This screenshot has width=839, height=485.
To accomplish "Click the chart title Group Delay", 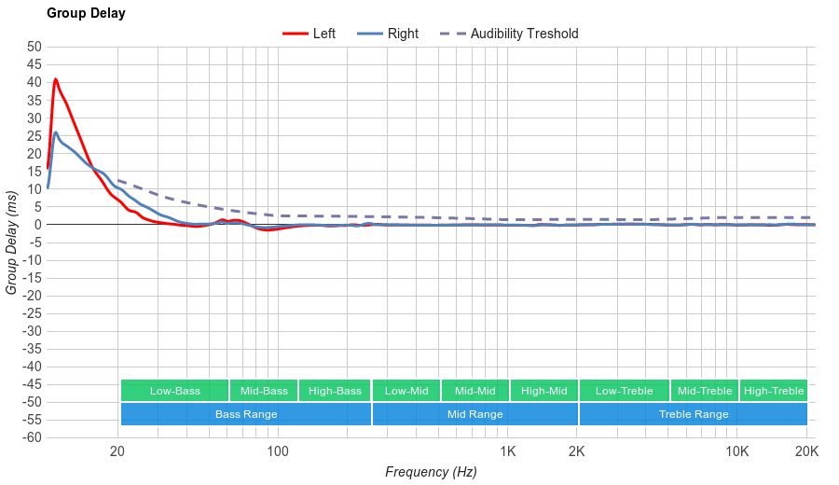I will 86,13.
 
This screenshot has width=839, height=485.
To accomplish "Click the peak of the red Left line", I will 56,79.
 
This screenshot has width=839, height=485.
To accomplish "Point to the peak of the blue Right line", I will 56,132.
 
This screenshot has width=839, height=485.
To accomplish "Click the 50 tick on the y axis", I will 34,47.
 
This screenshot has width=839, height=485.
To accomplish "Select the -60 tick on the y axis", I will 31,437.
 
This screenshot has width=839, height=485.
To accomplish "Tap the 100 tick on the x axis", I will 278,452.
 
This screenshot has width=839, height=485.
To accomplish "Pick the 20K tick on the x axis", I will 806,452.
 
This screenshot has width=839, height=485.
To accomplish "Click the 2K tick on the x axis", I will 577,452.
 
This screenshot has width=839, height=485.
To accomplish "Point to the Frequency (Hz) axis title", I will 431,472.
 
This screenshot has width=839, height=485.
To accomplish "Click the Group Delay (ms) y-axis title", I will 11,242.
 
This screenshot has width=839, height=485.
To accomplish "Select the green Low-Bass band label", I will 174,391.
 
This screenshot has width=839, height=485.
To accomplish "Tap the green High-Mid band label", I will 543,391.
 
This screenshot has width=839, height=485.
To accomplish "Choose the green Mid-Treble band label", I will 704,391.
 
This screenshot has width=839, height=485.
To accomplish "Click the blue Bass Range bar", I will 246,414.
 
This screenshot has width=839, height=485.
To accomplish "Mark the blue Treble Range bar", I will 693,414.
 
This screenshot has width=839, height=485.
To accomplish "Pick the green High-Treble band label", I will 774,391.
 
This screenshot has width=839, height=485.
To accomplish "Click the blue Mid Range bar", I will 475,414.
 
